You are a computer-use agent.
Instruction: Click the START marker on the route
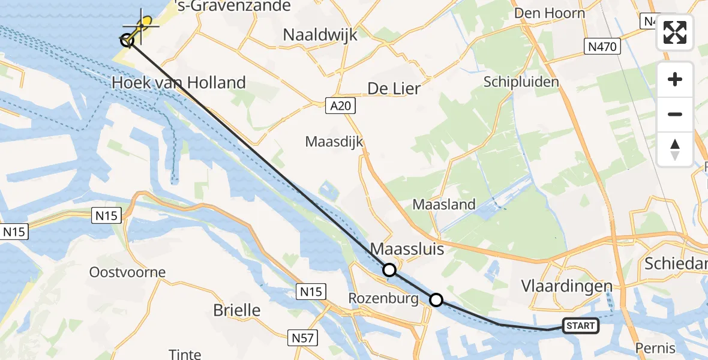(x=580, y=326)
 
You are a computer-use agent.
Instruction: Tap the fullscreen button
(x=675, y=32)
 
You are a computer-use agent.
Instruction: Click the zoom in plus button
(x=675, y=80)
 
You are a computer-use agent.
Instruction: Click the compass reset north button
(x=675, y=149)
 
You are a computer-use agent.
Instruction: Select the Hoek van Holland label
(x=179, y=82)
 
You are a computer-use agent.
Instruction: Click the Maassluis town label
(x=408, y=248)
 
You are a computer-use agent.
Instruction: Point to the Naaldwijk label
(x=320, y=35)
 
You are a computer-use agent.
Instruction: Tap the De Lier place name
(x=394, y=89)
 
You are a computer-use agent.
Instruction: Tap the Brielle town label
(x=238, y=310)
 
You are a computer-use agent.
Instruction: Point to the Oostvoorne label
(x=127, y=272)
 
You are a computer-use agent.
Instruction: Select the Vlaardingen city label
(x=567, y=286)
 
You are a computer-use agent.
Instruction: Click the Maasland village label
(x=444, y=205)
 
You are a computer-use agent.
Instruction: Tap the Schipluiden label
(x=521, y=82)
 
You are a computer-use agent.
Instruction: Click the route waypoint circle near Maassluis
(x=389, y=271)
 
